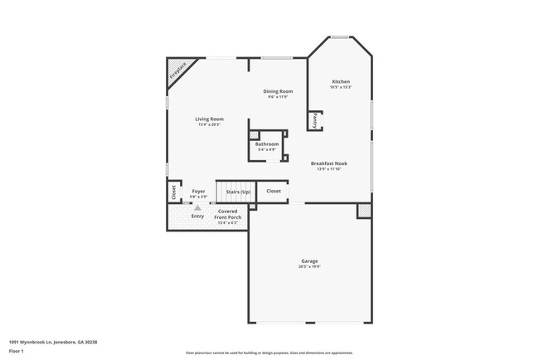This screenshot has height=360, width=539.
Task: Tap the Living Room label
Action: click(x=209, y=119)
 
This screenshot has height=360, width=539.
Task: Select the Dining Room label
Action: click(x=278, y=90)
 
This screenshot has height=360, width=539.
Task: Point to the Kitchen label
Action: click(x=341, y=80)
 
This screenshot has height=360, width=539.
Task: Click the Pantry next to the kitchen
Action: click(x=315, y=121)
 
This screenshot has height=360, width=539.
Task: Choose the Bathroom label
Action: click(x=267, y=144)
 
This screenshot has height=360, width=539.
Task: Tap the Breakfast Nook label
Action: click(x=329, y=163)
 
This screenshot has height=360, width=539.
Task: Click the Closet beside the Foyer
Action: click(x=173, y=192)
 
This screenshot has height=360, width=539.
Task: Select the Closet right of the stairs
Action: click(x=274, y=191)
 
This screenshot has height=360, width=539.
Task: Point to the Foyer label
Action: click(x=198, y=191)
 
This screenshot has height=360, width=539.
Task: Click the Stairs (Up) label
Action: click(x=238, y=192)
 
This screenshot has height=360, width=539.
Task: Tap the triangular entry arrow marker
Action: click(x=197, y=207)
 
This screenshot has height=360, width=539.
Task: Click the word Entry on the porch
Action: click(x=197, y=216)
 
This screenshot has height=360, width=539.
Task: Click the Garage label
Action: click(x=308, y=261)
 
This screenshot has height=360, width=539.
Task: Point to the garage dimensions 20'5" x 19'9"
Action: click(x=308, y=267)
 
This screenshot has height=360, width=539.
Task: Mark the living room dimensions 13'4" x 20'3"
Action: click(x=209, y=124)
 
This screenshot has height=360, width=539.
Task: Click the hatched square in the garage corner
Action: click(x=363, y=212)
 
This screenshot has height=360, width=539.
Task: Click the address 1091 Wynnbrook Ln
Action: click(x=33, y=340)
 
